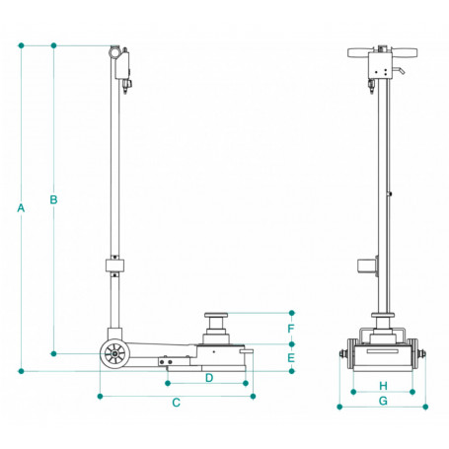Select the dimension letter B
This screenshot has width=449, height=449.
click(x=53, y=200)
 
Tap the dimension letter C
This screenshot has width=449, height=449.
click(x=176, y=403)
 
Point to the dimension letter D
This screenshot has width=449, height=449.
click(x=209, y=378)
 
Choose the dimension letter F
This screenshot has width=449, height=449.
click(x=291, y=328)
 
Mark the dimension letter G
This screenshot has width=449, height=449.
click(x=382, y=402)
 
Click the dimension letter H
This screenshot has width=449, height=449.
click(x=382, y=385)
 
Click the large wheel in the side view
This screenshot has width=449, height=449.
click(x=115, y=353)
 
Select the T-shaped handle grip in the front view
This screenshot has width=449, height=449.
click(x=381, y=50)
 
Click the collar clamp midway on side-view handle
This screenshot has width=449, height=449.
click(x=116, y=267)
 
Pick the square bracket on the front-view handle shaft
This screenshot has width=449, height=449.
click(x=367, y=266)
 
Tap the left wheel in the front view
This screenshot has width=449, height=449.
click(x=342, y=354)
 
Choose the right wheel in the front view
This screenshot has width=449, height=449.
click(x=420, y=354)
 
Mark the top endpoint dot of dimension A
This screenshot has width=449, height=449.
click(x=22, y=45)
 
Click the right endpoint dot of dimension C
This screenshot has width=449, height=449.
click(x=254, y=396)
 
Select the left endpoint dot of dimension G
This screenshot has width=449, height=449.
click(x=339, y=405)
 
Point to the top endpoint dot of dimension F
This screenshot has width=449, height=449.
click(x=291, y=313)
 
